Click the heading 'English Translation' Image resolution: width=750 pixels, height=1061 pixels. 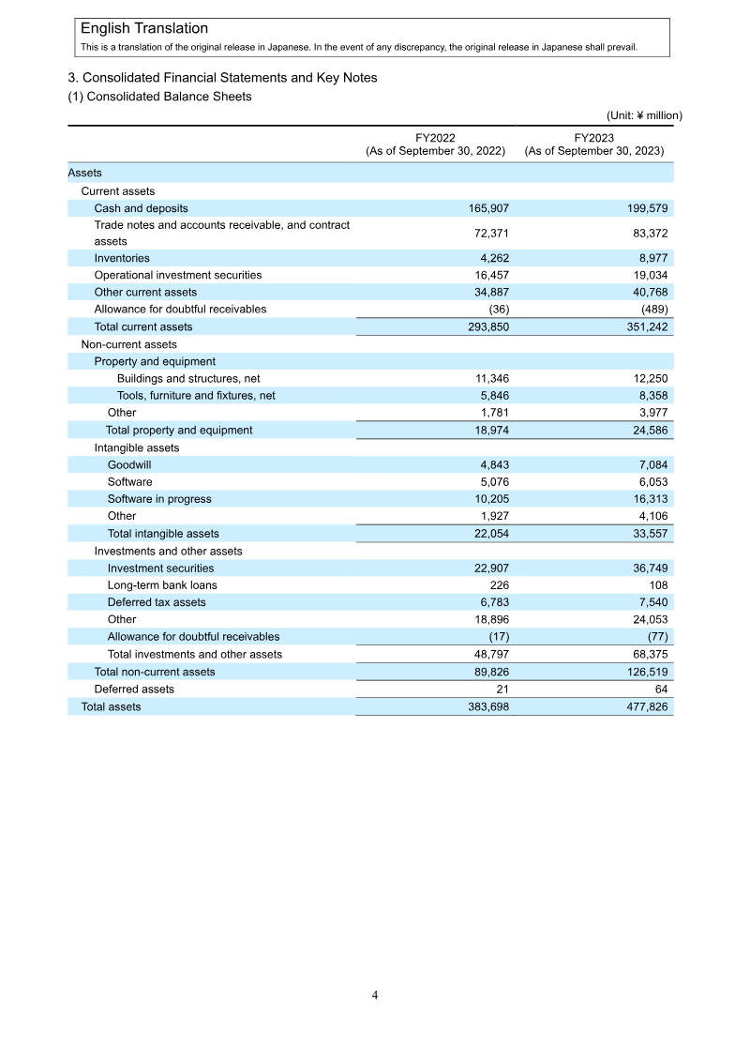coord(144,29)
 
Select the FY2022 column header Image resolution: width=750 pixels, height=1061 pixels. coord(435,144)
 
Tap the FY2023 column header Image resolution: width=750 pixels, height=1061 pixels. coord(594,144)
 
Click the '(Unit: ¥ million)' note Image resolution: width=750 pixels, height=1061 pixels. coord(644,115)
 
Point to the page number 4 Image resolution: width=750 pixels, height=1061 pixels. coord(375,995)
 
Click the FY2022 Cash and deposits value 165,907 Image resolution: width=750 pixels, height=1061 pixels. coord(488,208)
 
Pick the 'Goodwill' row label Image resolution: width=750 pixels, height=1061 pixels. coord(129,464)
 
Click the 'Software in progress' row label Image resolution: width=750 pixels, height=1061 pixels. coord(159,499)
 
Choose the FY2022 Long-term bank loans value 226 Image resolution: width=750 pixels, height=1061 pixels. coord(499,585)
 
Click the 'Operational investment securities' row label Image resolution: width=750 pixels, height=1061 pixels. coord(178,275)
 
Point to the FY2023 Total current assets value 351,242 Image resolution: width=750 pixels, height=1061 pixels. coord(644,326)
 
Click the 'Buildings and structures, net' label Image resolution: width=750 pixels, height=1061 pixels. coord(188,378)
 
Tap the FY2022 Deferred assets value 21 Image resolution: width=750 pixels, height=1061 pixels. coord(502,689)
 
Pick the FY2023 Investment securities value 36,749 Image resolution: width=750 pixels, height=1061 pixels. coord(647,568)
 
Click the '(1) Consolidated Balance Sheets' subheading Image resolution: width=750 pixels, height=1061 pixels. coord(159,97)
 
